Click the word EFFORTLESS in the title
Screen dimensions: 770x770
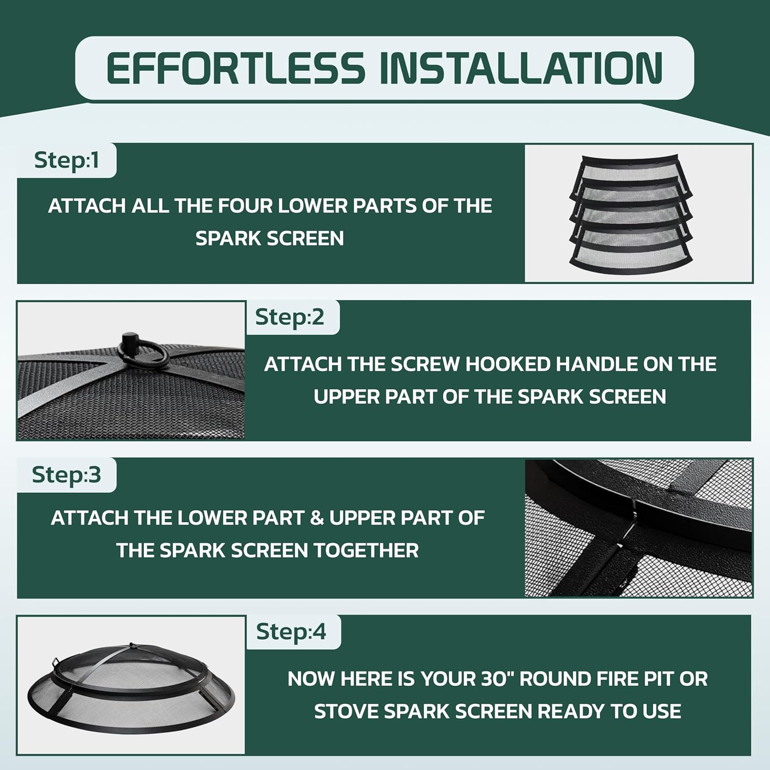coord(235,68)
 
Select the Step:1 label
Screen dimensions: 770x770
coord(66,160)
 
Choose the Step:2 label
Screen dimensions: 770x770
coord(290,317)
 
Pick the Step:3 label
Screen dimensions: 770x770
coord(66,475)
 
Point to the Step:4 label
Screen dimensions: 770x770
coord(291,632)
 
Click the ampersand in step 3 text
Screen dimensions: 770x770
coord(317,518)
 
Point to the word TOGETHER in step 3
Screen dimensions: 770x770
coord(367,550)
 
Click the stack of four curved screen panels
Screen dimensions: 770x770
coord(631,214)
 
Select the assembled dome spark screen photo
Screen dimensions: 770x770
coord(131,686)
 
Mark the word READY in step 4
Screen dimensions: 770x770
coord(571,711)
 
